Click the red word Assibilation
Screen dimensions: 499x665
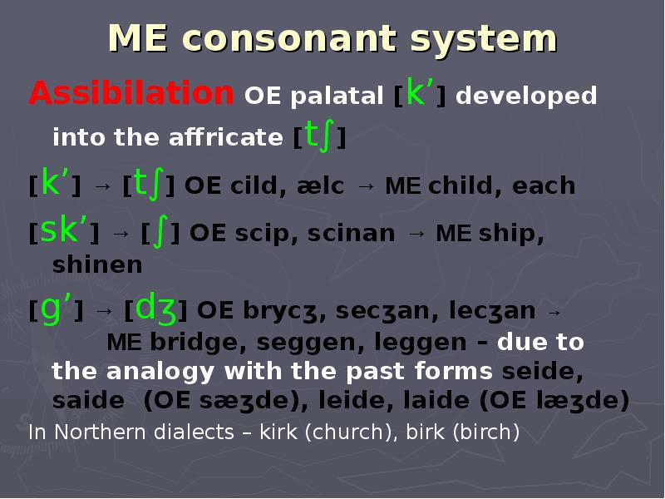click(x=131, y=93)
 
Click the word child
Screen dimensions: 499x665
click(x=461, y=185)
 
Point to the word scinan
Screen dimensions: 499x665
click(x=352, y=234)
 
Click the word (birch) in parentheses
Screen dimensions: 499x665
click(x=482, y=432)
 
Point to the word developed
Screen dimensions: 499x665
click(x=526, y=96)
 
